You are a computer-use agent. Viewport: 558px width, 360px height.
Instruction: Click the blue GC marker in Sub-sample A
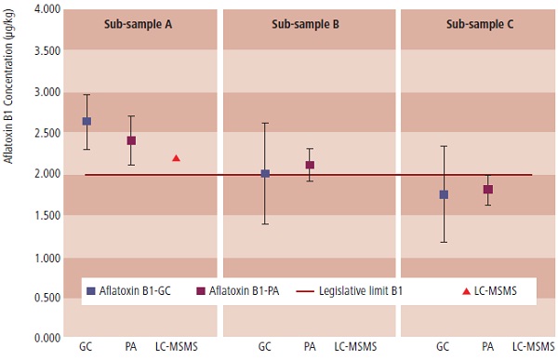tap(86, 121)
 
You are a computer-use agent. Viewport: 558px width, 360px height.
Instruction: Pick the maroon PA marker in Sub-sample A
tap(131, 140)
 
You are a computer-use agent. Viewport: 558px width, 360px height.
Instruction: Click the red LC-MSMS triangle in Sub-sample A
tap(176, 158)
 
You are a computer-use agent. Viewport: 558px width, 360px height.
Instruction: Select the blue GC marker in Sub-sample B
tap(265, 174)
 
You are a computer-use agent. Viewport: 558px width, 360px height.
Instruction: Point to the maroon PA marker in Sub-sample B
tap(310, 165)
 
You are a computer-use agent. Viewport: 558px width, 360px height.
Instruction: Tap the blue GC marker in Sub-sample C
tap(444, 194)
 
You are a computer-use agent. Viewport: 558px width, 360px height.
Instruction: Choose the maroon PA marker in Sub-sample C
tap(487, 190)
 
